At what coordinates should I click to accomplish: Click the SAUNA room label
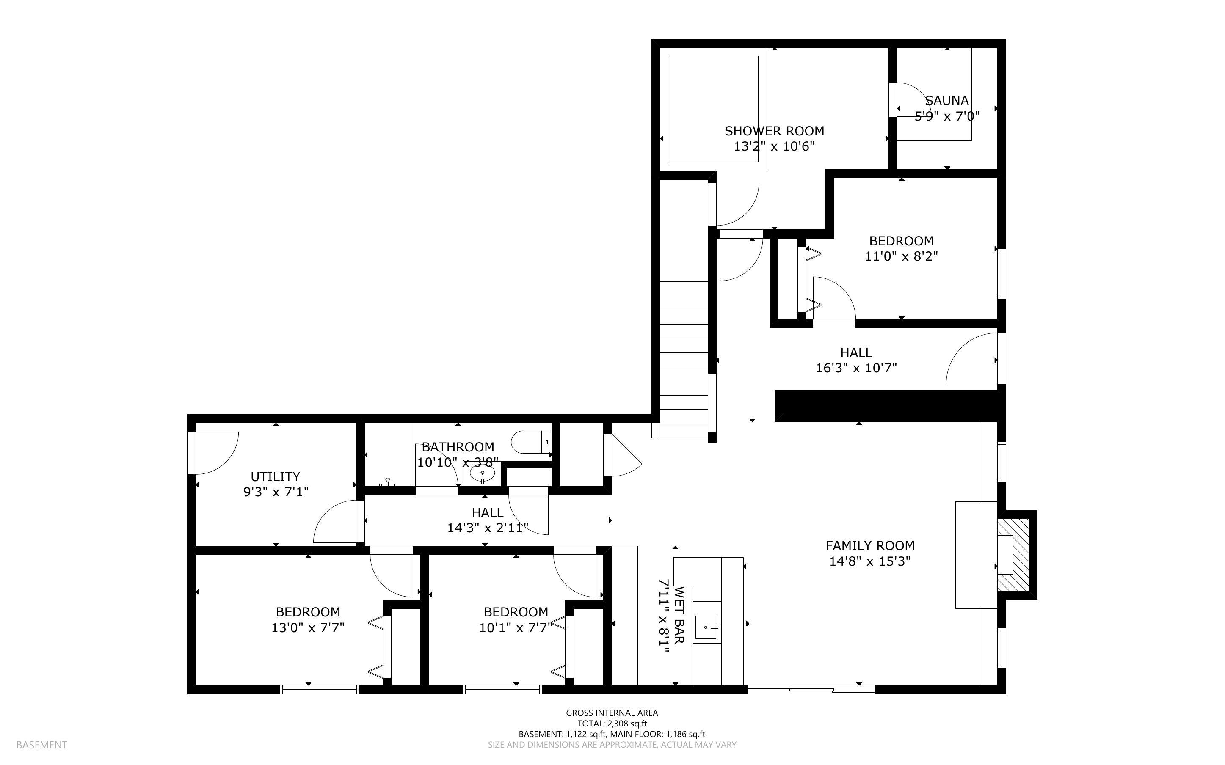tap(947, 100)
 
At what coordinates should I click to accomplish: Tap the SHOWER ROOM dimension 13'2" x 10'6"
tap(774, 147)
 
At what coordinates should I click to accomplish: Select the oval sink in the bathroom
tap(482, 474)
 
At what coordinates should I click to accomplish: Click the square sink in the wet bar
tap(706, 627)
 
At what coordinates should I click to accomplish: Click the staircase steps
tap(684, 359)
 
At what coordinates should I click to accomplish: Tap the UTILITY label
tap(275, 476)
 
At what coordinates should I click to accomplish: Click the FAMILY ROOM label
tap(870, 545)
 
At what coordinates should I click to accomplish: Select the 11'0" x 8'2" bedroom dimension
tap(901, 256)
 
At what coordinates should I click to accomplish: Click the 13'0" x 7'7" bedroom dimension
tap(308, 628)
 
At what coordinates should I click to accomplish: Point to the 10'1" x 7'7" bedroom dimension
tap(516, 628)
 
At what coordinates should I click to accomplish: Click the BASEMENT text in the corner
tap(41, 745)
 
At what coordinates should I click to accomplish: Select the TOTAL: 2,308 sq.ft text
tap(612, 724)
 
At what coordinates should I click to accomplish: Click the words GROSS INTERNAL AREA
tap(612, 713)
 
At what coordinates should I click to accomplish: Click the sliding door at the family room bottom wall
tap(811, 689)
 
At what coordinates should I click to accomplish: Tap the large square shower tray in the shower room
tap(713, 109)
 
